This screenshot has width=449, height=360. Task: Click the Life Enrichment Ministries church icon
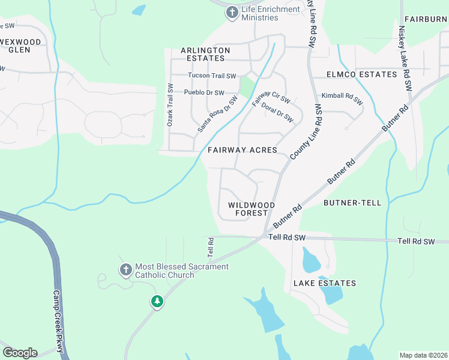click(x=232, y=12)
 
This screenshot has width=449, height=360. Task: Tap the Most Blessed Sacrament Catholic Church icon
click(x=125, y=270)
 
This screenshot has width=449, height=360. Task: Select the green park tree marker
click(x=157, y=301)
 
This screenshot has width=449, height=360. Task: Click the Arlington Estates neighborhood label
click(x=205, y=54)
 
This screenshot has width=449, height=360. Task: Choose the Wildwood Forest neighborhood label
click(x=252, y=209)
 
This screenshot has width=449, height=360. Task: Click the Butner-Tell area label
click(x=352, y=203)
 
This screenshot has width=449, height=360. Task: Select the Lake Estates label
click(x=325, y=283)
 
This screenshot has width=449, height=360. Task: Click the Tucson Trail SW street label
click(x=212, y=76)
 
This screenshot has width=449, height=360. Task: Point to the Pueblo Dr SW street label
click(x=204, y=93)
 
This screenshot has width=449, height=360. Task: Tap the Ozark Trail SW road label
click(x=170, y=104)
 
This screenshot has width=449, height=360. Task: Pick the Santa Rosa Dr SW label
click(x=217, y=115)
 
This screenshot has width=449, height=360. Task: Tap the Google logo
click(x=20, y=353)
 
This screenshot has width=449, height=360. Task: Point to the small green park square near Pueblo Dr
click(x=246, y=88)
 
